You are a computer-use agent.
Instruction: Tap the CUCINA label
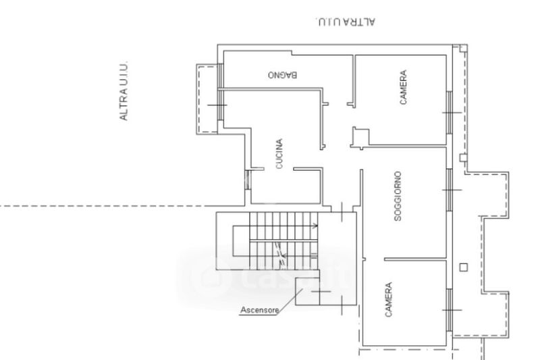coord(279,154)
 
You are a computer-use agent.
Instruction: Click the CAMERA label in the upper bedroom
coord(403,88)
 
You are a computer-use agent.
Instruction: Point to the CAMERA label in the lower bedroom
coord(389,300)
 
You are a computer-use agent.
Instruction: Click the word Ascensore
coord(260,311)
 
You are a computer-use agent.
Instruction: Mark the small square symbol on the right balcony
coord(462,267)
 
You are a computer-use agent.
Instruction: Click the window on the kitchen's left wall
coord(248,179)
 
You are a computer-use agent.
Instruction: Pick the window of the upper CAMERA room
coord(448,109)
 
